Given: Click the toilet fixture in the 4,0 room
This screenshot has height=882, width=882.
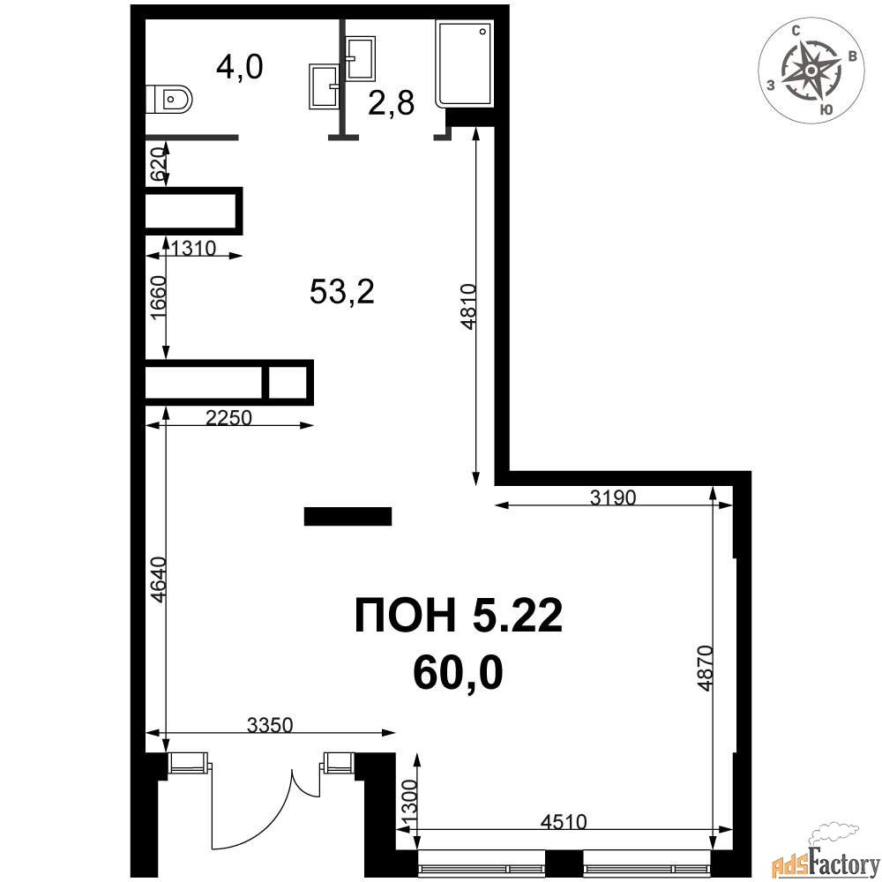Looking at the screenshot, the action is point(168,99).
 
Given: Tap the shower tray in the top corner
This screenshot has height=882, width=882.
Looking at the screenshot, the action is point(465,64).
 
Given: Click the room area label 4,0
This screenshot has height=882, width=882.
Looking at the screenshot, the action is point(240,67).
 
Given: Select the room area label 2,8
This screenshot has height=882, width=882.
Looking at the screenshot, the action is point(392,103).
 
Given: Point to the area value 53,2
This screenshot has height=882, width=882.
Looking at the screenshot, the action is point(342,292).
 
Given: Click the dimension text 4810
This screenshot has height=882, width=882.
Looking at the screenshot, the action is point(468,307).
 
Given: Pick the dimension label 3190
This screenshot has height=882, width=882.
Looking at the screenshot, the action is point(613,497).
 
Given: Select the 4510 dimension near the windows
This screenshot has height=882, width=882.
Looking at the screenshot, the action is point(564,822).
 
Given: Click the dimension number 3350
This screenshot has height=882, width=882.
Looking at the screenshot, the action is point(270,725).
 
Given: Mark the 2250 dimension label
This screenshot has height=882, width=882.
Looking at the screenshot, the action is point(228,417).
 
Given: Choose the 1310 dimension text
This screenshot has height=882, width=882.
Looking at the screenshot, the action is point(193,248).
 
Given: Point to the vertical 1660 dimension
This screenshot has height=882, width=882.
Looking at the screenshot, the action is point(159,298).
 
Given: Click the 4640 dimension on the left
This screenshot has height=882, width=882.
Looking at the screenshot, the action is point(159,580).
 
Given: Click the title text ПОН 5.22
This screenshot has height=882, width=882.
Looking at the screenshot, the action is point(459,616).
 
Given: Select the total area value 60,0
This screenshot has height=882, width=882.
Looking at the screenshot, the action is point(457,673).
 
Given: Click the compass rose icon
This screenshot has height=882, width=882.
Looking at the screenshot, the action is point(811,70).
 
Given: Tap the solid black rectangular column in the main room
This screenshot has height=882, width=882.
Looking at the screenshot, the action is point(348,516).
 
